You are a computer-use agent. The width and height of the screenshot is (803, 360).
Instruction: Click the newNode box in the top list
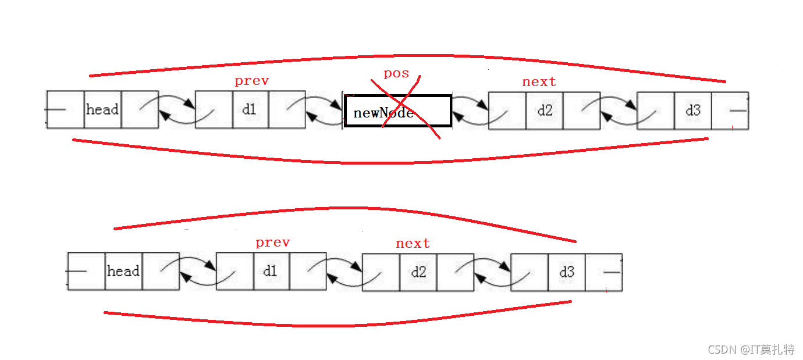pyautogui.click(x=397, y=111)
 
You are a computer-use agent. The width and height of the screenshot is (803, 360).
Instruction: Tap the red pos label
pyautogui.click(x=396, y=74)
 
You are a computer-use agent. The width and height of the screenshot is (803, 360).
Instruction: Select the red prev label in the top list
pyautogui.click(x=251, y=81)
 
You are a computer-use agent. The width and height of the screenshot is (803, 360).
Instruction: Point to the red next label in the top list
pyautogui.click(x=539, y=82)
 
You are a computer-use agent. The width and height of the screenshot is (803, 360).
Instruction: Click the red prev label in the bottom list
pyautogui.click(x=272, y=243)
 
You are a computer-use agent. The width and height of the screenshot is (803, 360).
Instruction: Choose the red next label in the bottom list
pyautogui.click(x=413, y=244)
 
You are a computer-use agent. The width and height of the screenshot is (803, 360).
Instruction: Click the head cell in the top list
pyautogui.click(x=102, y=109)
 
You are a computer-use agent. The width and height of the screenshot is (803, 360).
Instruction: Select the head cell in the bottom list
pyautogui.click(x=123, y=271)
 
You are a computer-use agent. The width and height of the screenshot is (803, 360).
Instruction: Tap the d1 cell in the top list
pyautogui.click(x=250, y=109)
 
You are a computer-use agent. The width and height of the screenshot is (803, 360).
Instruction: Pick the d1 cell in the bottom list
pyautogui.click(x=271, y=271)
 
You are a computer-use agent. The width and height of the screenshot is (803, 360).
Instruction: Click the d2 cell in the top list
pyautogui.click(x=544, y=111)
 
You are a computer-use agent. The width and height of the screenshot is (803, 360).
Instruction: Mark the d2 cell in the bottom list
pyautogui.click(x=418, y=273)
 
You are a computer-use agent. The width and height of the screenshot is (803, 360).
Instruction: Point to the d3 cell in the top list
pyautogui.click(x=692, y=111)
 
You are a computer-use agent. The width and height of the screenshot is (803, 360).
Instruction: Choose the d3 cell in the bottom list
pyautogui.click(x=566, y=273)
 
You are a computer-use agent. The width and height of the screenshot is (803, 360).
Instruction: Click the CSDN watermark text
pyautogui.click(x=751, y=350)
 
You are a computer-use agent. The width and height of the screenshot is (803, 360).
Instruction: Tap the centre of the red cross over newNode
pyautogui.click(x=403, y=104)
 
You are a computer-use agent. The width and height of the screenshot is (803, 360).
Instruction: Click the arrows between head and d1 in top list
pyautogui.click(x=177, y=109)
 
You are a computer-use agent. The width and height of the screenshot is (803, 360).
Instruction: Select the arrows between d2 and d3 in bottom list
pyautogui.click(x=492, y=273)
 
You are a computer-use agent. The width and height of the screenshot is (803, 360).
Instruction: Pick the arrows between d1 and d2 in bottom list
pyautogui.click(x=344, y=272)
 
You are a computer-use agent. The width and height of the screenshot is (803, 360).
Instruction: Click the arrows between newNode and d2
pyautogui.click(x=470, y=111)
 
